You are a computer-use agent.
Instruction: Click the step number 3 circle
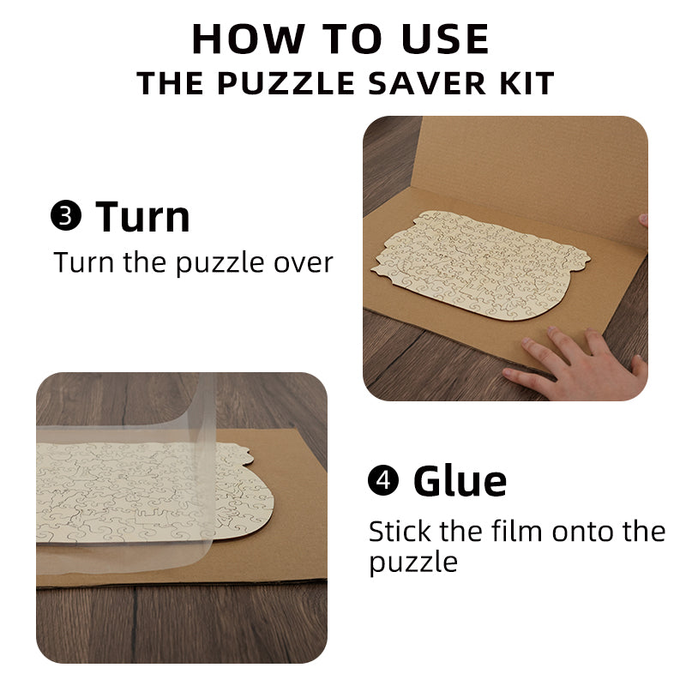(x=66, y=218)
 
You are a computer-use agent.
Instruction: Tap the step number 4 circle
(x=383, y=481)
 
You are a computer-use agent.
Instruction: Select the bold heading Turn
(x=143, y=217)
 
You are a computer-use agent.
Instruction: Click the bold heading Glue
(x=460, y=481)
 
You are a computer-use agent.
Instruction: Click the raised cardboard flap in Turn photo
(x=532, y=171)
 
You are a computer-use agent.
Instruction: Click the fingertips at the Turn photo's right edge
(x=641, y=221)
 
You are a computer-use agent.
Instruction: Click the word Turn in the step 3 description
(x=83, y=262)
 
